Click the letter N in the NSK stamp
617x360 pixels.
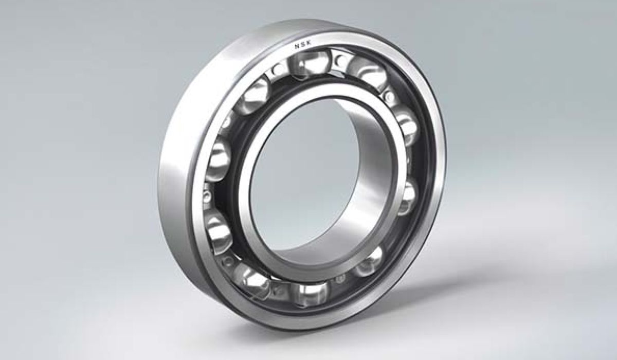[297, 46]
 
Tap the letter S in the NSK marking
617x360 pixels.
[303, 44]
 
